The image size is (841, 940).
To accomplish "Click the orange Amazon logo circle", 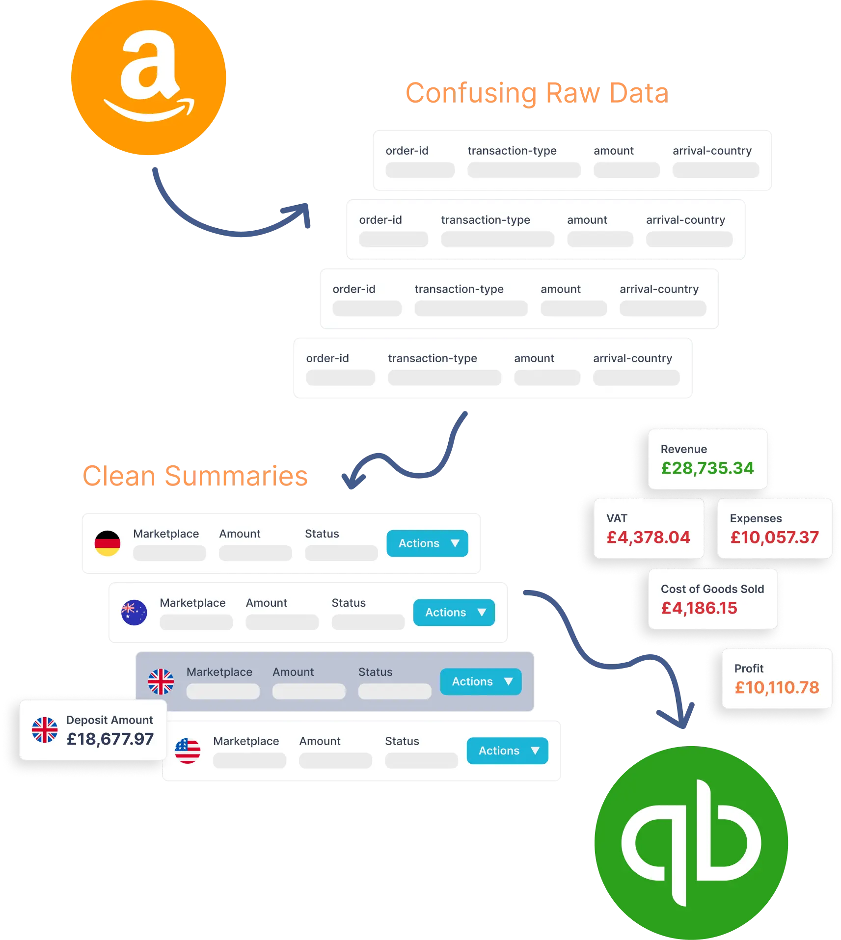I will [x=149, y=79].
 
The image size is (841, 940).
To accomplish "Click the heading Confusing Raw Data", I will [x=536, y=93].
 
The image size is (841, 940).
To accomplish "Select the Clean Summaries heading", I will [x=196, y=476].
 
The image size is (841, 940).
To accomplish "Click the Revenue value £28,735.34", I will [x=707, y=468].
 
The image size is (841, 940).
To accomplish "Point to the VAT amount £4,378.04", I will [x=648, y=537].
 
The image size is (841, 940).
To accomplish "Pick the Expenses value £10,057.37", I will [x=774, y=537].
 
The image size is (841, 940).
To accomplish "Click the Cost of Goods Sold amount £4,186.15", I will [x=699, y=608].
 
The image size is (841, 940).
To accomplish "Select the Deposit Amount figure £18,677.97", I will [x=110, y=739].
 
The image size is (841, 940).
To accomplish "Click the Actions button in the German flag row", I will [x=427, y=543].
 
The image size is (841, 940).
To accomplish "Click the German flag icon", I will [x=108, y=543].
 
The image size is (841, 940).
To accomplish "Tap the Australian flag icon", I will [x=134, y=613].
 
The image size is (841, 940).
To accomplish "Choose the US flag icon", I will [x=188, y=751].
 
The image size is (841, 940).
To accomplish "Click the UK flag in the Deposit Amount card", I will [x=45, y=730].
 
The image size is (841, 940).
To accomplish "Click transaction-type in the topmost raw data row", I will [x=512, y=151].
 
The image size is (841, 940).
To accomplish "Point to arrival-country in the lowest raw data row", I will [x=632, y=358].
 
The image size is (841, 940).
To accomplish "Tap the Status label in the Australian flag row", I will [x=349, y=603].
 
